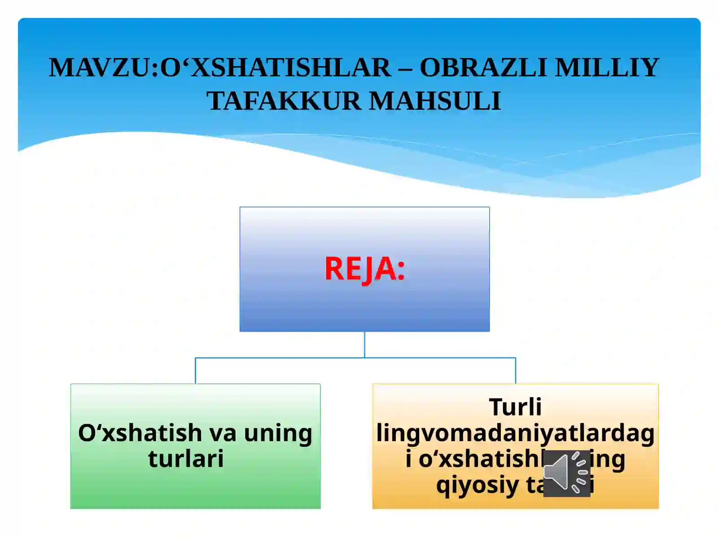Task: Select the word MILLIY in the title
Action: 607,68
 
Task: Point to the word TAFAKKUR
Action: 284,101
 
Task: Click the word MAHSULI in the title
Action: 435,101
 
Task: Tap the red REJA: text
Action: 364,269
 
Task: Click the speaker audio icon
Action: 566,473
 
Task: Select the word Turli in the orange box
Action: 515,407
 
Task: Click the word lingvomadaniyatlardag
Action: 515,433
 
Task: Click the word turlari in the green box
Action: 186,459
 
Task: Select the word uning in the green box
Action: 278,433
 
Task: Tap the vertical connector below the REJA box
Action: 364,344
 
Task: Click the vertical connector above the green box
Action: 195,371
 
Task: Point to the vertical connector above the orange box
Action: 516,371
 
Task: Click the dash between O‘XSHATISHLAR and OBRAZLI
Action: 405,69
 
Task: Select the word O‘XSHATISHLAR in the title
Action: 275,68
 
